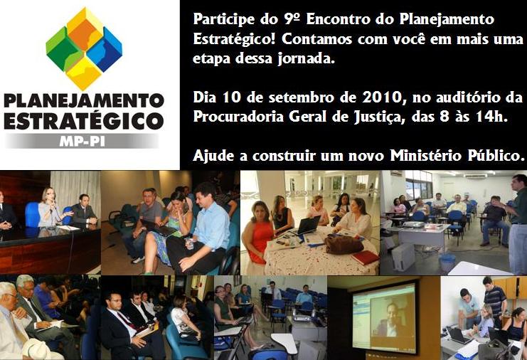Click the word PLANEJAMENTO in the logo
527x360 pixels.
click(84, 100)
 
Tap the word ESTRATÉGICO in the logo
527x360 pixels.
click(84, 120)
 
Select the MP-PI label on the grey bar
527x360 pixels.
click(82, 142)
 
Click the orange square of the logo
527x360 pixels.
click(85, 33)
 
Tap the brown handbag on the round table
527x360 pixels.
click(343, 245)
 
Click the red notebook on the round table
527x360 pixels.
click(366, 258)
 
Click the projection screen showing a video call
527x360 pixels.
click(384, 317)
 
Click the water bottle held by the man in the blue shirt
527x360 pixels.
click(189, 243)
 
